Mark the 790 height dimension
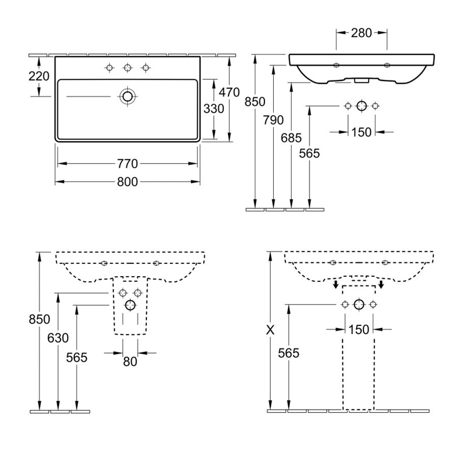[273, 120]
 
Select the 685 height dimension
[292, 138]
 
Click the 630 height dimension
[58, 337]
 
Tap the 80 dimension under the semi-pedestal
[130, 361]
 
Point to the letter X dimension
[269, 330]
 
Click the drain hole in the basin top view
[127, 96]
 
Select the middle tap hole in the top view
[127, 68]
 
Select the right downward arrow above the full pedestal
[381, 284]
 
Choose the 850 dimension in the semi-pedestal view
[39, 319]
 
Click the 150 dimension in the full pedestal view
[359, 329]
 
